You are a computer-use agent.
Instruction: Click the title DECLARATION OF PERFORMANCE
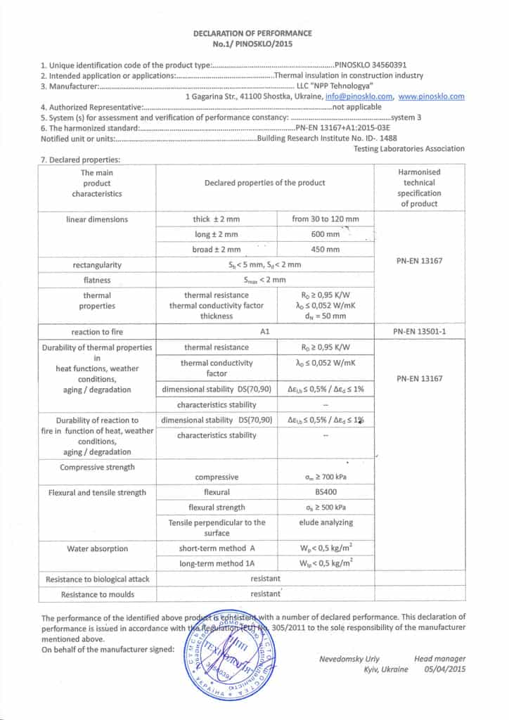(252, 33)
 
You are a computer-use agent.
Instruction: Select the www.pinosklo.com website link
(432, 96)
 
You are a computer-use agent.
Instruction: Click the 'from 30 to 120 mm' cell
(325, 219)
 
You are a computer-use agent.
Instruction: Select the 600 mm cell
(325, 234)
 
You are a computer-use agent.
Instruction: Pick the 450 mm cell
(325, 250)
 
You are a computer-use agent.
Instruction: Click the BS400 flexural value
(325, 492)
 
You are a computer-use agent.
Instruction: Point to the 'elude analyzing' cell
(325, 522)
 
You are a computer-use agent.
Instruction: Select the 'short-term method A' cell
(216, 548)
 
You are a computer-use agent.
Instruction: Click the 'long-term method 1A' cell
(216, 563)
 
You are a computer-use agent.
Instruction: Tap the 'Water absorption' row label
(96, 548)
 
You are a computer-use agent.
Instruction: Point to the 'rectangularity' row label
(96, 265)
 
